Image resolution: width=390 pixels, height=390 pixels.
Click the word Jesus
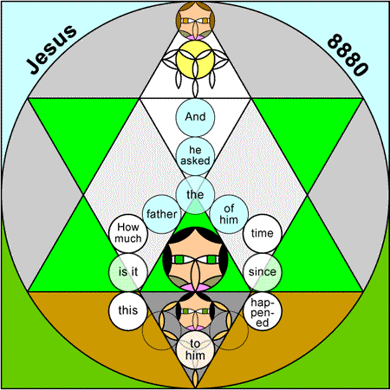coord(51,49)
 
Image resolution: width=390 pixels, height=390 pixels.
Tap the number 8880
coord(348,55)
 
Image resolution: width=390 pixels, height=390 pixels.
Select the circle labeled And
coord(195,117)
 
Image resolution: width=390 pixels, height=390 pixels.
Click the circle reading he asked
coord(195,156)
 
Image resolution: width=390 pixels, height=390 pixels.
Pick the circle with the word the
coord(195,195)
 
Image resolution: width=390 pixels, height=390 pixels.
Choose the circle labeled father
coord(162,214)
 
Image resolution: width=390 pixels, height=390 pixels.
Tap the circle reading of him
coord(229,214)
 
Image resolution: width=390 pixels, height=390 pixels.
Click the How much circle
coord(128,233)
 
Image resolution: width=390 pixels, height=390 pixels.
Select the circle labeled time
coord(263,233)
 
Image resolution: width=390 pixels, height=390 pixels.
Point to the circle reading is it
coord(128,272)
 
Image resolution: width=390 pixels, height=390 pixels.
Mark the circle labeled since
coord(263,272)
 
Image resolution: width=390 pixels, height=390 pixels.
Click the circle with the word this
coord(128,311)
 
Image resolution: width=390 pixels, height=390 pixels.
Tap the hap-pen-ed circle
coord(263,311)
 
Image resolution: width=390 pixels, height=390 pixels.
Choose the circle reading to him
coord(195,349)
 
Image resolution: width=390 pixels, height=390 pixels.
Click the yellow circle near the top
coord(195,59)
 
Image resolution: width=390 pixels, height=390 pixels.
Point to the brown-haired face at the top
coord(195,20)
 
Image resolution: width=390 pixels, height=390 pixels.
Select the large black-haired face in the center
coord(195,259)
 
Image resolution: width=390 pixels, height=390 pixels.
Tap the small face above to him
coord(195,311)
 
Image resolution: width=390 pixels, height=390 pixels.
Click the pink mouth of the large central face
coord(195,287)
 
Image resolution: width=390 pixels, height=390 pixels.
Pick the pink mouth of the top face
coord(195,37)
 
